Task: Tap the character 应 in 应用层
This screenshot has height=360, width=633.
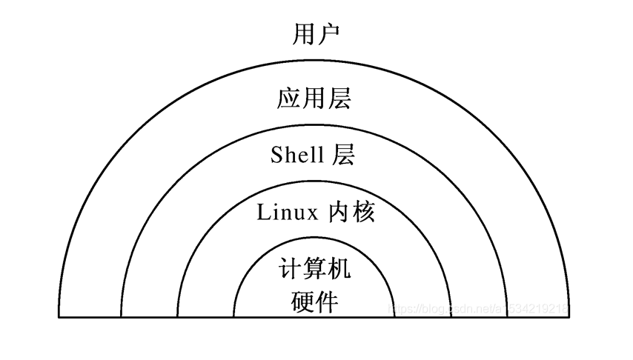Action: pos(288,99)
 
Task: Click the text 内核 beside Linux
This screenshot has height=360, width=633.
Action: pos(351,213)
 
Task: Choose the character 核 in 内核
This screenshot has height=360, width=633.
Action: pos(364,213)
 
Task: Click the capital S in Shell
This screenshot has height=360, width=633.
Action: pos(277,155)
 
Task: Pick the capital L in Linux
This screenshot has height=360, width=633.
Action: pos(263,213)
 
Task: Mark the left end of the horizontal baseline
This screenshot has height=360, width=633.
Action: pos(59,317)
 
